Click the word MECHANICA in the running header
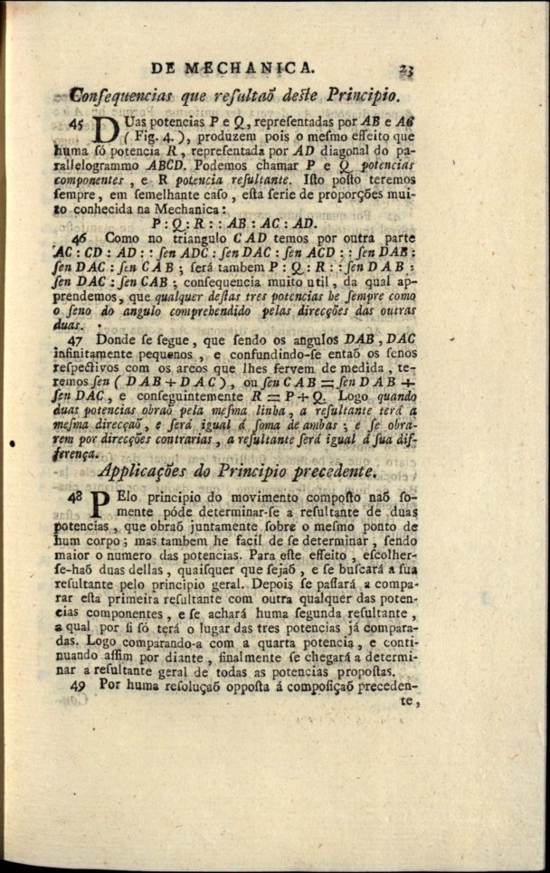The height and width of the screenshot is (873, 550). pos(250,67)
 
